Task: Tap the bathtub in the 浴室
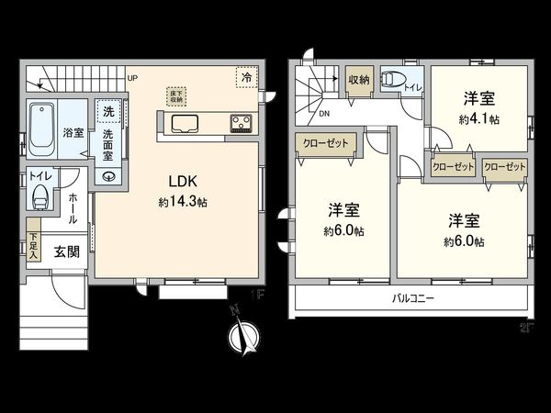coord(41,129)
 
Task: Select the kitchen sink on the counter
coord(186,123)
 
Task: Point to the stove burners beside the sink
coord(242,122)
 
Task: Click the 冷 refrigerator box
coord(246,79)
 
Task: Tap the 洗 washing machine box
coord(108,112)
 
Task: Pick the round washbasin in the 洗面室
coord(111,177)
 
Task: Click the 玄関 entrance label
coord(64,251)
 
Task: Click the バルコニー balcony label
coord(413,299)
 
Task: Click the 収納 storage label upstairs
coord(359,81)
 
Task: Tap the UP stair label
coord(132,78)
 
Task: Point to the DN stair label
coord(326,114)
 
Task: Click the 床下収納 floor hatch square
coord(177,95)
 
